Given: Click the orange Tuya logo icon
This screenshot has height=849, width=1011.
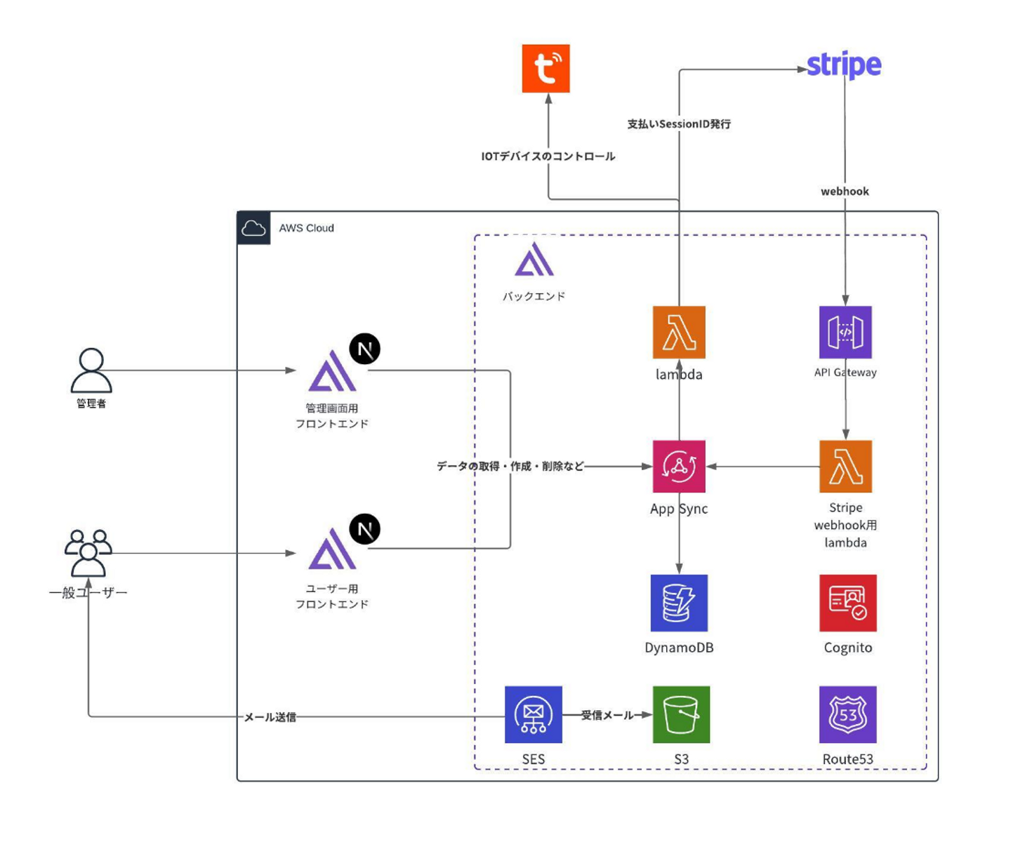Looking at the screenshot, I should pos(546,69).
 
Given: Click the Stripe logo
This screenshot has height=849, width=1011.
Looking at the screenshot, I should pos(844,65).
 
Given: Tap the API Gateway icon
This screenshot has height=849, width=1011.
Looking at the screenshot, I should pos(845,332).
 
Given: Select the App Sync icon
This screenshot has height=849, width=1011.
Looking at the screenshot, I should pos(679,467).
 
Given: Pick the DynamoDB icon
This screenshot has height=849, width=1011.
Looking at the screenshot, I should pos(679,603).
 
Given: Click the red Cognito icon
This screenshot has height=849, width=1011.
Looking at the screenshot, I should pos(847,603).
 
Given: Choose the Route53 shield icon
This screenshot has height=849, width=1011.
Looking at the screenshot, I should pos(847,714).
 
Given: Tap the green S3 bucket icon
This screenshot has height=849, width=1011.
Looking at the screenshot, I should pos(681,714).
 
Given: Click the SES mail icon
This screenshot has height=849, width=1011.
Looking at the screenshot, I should pos(534,714).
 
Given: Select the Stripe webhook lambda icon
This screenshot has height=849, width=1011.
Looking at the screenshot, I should pos(845,467).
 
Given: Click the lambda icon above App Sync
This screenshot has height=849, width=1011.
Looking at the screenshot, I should pos(679,332).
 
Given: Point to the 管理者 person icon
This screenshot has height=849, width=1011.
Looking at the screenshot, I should pos(91,370).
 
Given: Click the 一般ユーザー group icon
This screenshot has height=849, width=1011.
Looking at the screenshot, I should pos(88,553).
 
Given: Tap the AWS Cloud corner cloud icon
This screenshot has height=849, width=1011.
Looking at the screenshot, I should pos(253,228).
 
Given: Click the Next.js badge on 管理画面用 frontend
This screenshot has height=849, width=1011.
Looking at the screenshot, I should pos(365,349).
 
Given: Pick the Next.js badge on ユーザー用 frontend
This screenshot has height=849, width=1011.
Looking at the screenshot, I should pos(365,529).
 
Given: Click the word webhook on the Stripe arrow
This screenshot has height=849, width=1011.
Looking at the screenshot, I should pos(845,192).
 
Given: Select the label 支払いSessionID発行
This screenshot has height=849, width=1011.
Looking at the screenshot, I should pos(679,124).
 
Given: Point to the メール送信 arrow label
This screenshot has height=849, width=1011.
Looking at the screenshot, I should pos(270,717).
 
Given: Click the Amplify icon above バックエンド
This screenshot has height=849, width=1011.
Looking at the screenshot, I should pos(534,260).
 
